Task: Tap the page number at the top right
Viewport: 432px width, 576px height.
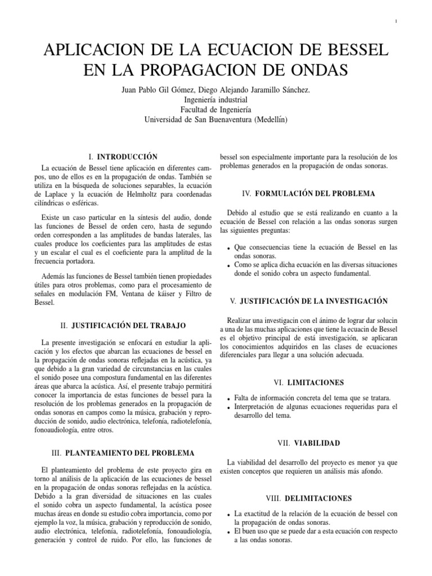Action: tap(397, 22)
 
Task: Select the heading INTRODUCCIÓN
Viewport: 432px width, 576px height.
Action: tap(127, 156)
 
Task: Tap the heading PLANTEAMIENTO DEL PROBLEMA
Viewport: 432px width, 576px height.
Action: tap(130, 452)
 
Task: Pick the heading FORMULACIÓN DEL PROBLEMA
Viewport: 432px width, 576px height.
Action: tap(315, 193)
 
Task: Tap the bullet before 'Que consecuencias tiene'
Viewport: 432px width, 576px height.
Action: tap(227, 249)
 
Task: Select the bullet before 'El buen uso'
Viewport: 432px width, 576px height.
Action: tap(227, 532)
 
